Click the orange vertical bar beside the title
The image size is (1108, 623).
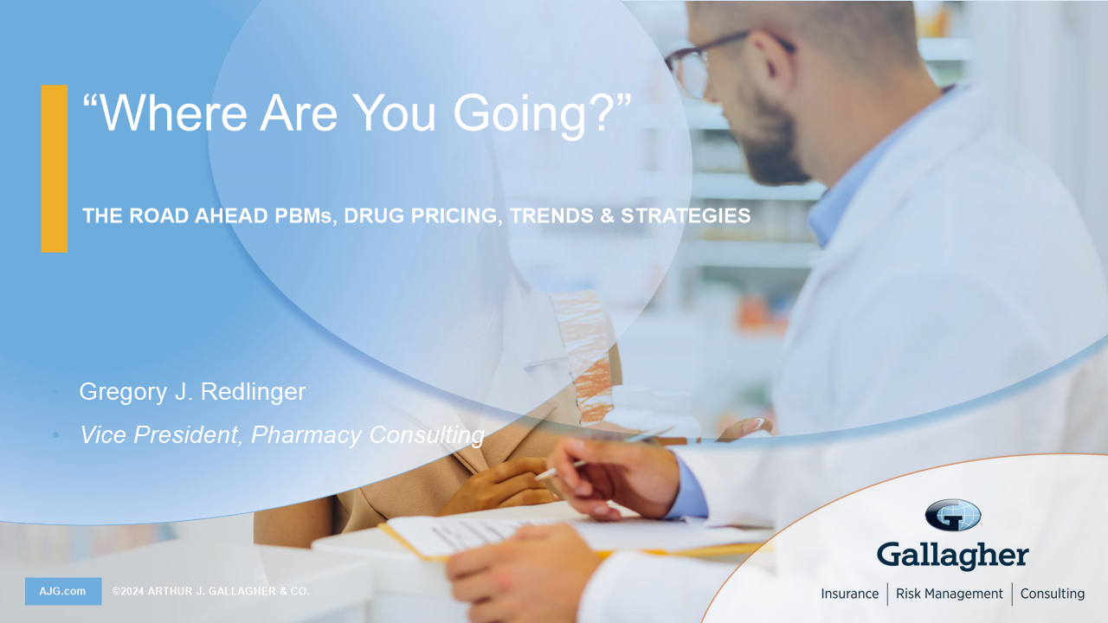55,169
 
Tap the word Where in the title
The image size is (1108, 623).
173,113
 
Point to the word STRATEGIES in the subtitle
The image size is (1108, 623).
686,215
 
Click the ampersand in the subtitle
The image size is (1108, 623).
607,215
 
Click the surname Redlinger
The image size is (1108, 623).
253,392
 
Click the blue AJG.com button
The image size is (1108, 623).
63,591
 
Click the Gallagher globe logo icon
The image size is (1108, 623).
953,515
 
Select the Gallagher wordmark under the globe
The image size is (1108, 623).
953,556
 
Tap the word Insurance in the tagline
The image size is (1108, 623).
850,594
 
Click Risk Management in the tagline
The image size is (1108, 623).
950,594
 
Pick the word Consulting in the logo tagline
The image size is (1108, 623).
1052,594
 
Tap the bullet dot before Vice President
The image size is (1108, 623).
56,435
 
